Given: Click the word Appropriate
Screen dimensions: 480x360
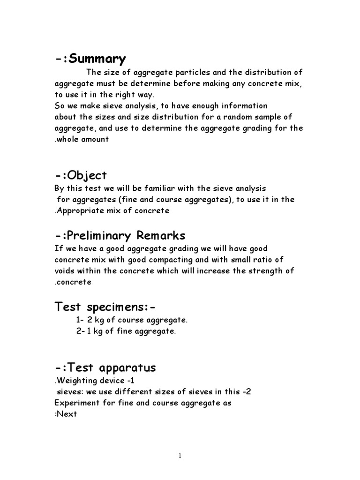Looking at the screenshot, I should (78, 211).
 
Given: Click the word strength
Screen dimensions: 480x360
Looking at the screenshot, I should (265, 271).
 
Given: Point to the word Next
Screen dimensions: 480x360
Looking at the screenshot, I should (67, 414).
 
